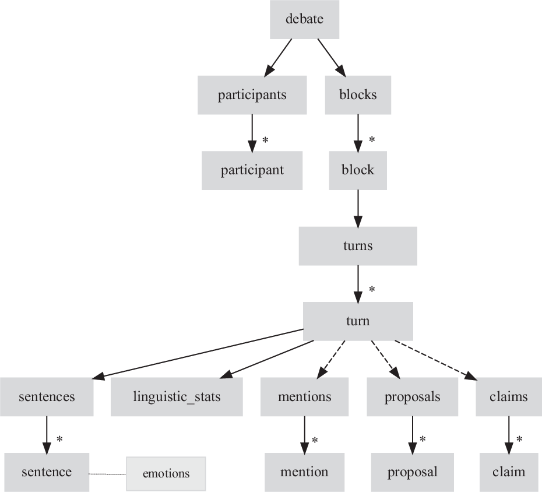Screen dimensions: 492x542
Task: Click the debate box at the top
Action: pyautogui.click(x=304, y=19)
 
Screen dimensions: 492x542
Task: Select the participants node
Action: pyautogui.click(x=252, y=95)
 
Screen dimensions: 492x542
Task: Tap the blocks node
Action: pyautogui.click(x=358, y=95)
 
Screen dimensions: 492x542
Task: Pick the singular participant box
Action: pyautogui.click(x=252, y=170)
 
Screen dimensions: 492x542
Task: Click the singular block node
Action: pyautogui.click(x=358, y=170)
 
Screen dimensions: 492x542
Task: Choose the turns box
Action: pyautogui.click(x=358, y=245)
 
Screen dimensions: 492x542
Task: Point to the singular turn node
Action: pyautogui.click(x=358, y=321)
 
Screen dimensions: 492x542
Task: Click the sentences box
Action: pyautogui.click(x=47, y=397)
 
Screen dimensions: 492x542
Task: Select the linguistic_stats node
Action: pyautogui.click(x=177, y=397)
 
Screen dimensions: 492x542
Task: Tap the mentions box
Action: pyautogui.click(x=304, y=397)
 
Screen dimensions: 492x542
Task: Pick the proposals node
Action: pyautogui.click(x=412, y=397)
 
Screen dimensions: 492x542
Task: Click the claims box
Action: pyautogui.click(x=509, y=397)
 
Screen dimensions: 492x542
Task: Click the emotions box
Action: pyautogui.click(x=166, y=473)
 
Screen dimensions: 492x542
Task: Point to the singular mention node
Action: pyautogui.click(x=304, y=472)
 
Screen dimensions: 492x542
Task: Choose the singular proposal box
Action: pyautogui.click(x=412, y=472)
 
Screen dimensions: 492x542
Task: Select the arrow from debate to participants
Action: pyautogui.click(x=279, y=58)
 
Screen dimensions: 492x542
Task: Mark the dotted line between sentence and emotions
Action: pyautogui.click(x=108, y=474)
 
